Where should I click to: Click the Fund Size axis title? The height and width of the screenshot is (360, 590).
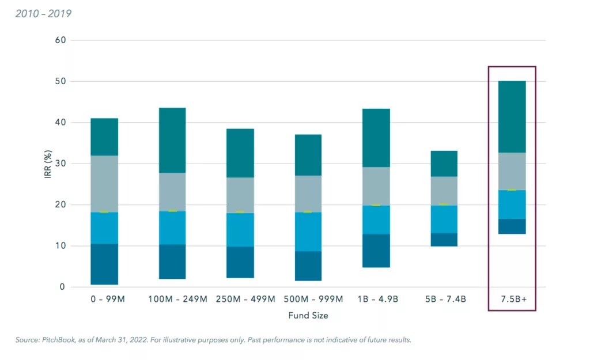click(x=308, y=316)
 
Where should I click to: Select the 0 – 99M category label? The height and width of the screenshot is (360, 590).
click(x=104, y=300)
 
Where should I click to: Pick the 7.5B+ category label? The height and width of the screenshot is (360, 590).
click(x=512, y=300)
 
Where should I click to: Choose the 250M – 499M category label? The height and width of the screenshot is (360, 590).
click(x=240, y=300)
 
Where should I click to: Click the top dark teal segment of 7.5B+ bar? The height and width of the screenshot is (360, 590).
click(x=512, y=116)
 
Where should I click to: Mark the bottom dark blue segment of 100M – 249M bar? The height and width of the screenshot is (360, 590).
click(x=172, y=262)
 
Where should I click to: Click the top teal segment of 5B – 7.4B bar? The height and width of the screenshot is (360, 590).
click(x=444, y=164)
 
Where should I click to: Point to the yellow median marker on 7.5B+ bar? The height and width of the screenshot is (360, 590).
click(x=512, y=190)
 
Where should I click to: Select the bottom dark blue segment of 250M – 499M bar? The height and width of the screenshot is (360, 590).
click(x=240, y=262)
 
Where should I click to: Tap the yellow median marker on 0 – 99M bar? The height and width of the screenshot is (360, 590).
click(x=104, y=212)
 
